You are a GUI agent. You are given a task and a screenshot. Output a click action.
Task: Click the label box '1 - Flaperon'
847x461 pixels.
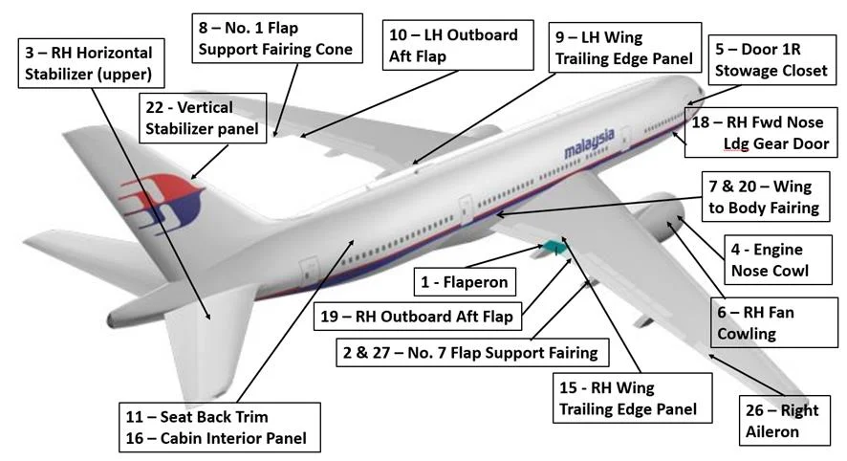pos(464,281)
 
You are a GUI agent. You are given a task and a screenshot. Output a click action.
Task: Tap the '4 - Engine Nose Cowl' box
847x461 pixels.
pos(769,259)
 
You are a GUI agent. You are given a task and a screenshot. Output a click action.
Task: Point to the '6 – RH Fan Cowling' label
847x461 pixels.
pos(756,323)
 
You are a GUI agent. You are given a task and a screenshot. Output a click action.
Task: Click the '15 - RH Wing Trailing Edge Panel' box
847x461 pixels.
pos(626,398)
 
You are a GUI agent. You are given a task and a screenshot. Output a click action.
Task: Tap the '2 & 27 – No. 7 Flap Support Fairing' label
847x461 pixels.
pos(468,353)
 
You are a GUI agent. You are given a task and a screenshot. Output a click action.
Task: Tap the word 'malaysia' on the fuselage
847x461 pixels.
pos(588,144)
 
